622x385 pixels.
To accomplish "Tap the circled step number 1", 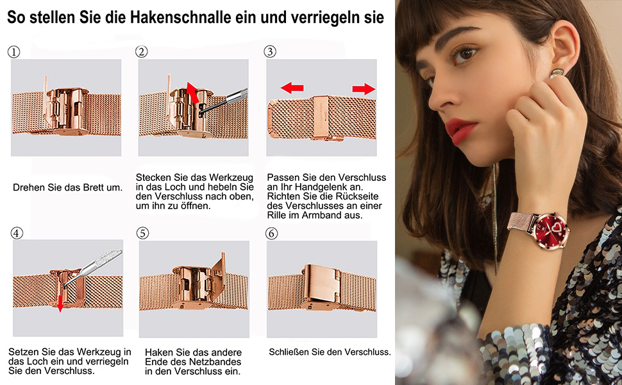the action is tap(14, 52).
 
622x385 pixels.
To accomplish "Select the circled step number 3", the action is tap(270, 51).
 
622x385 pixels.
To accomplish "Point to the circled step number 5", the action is tap(142, 233).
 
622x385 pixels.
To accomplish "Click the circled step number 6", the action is tap(271, 234).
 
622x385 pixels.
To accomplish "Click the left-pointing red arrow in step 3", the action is tap(292, 88).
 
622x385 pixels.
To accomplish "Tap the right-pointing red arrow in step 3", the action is tap(364, 89).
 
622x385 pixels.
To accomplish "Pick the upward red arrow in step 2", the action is tap(193, 92).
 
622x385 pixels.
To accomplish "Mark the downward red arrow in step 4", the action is tap(60, 304).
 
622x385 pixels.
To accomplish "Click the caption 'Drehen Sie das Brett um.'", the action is tap(68, 187).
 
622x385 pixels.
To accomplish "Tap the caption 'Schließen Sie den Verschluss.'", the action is tap(330, 352).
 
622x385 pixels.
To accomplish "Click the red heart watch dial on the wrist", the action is tap(551, 230).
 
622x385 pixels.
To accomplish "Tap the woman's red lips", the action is tap(460, 131).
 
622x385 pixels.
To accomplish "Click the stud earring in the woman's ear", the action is tap(557, 73).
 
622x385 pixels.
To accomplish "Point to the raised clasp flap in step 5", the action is tap(219, 274).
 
